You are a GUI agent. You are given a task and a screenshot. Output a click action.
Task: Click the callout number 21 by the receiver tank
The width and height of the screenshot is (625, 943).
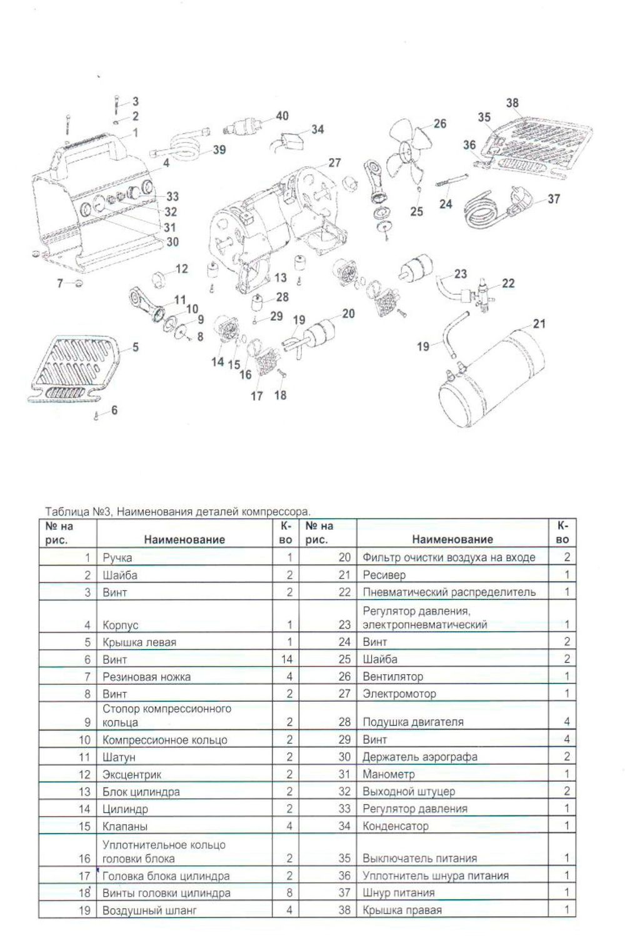pyautogui.click(x=539, y=324)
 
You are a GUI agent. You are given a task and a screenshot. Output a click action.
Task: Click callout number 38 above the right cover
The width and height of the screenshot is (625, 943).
pyautogui.click(x=512, y=103)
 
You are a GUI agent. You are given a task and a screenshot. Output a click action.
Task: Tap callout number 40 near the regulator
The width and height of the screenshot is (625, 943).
pyautogui.click(x=282, y=116)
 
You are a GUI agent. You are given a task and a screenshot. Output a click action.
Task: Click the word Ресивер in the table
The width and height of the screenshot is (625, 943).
pyautogui.click(x=384, y=575)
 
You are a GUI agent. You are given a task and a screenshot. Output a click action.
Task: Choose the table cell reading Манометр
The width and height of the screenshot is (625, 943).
pyautogui.click(x=388, y=774)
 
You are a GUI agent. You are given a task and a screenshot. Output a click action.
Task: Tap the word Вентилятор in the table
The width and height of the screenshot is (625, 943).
pyautogui.click(x=392, y=677)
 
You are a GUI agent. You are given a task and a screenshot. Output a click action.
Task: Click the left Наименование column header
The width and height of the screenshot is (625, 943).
pyautogui.click(x=184, y=540)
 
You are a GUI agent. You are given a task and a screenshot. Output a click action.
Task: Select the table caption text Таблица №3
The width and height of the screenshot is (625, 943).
pyautogui.click(x=78, y=512)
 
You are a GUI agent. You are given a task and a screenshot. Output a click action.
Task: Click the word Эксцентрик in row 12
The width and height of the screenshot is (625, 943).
pyautogui.click(x=131, y=775)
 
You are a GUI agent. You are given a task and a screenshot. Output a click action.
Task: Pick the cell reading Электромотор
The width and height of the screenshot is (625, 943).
pyautogui.click(x=399, y=693)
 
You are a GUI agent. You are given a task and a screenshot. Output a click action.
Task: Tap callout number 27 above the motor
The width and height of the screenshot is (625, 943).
pyautogui.click(x=335, y=163)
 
